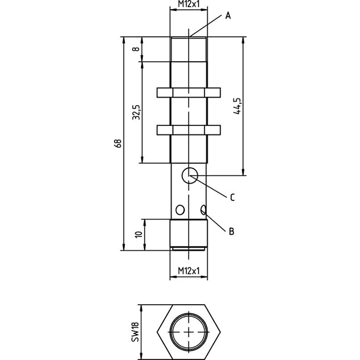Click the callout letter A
point(228,16)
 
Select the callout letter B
point(232,231)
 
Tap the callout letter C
point(232,197)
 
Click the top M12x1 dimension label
point(189,4)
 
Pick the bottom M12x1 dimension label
point(189,271)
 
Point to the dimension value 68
point(118,143)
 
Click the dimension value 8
point(136,49)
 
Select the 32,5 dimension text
point(136,112)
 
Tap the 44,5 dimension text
point(237,106)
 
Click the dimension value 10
point(139,235)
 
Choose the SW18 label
point(136,332)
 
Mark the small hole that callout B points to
point(203,210)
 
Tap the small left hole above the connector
point(180,210)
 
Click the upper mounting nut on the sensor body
point(189,92)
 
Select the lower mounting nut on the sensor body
point(189,130)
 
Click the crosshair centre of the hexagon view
point(189,332)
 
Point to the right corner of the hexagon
point(220,332)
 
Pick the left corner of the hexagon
point(157,332)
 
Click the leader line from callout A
point(206,26)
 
